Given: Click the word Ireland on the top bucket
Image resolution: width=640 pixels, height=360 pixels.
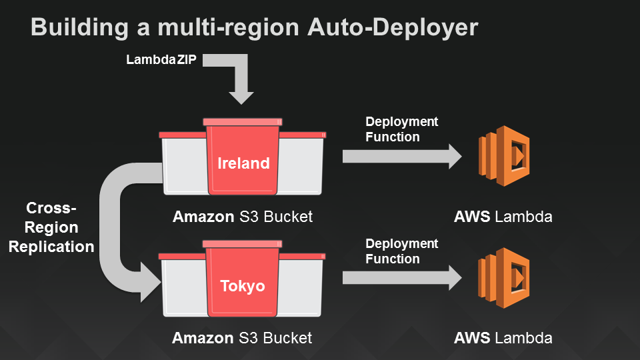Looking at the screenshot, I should [x=243, y=163].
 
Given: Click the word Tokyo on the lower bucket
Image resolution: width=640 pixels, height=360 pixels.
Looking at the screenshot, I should [x=243, y=286].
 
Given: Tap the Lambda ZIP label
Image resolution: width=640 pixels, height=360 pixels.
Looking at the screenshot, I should [x=161, y=60].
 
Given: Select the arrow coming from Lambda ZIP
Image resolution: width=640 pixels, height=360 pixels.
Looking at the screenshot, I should [x=241, y=79].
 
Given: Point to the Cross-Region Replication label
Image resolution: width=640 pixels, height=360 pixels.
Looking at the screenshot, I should [x=51, y=227].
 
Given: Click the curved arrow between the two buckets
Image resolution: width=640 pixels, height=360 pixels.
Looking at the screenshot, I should [x=113, y=227].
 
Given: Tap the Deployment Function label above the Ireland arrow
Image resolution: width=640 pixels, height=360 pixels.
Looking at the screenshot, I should [x=402, y=129].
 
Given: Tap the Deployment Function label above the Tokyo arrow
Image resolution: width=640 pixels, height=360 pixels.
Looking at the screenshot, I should [x=402, y=251].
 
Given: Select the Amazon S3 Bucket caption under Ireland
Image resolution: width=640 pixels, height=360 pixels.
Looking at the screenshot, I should [x=243, y=217].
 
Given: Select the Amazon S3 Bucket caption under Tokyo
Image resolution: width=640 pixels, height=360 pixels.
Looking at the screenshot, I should [x=242, y=338].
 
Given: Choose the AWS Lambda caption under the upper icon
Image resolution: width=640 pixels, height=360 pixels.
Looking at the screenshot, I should [x=503, y=217].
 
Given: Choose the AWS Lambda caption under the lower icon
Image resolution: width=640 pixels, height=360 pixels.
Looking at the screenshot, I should [x=503, y=338].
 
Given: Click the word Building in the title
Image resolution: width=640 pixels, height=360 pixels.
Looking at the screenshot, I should [x=73, y=27].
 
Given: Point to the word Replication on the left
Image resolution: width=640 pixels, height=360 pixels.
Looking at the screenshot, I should [x=51, y=247].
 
